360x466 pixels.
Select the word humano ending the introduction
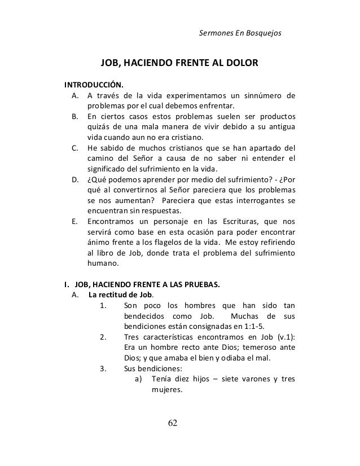tap(102, 263)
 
